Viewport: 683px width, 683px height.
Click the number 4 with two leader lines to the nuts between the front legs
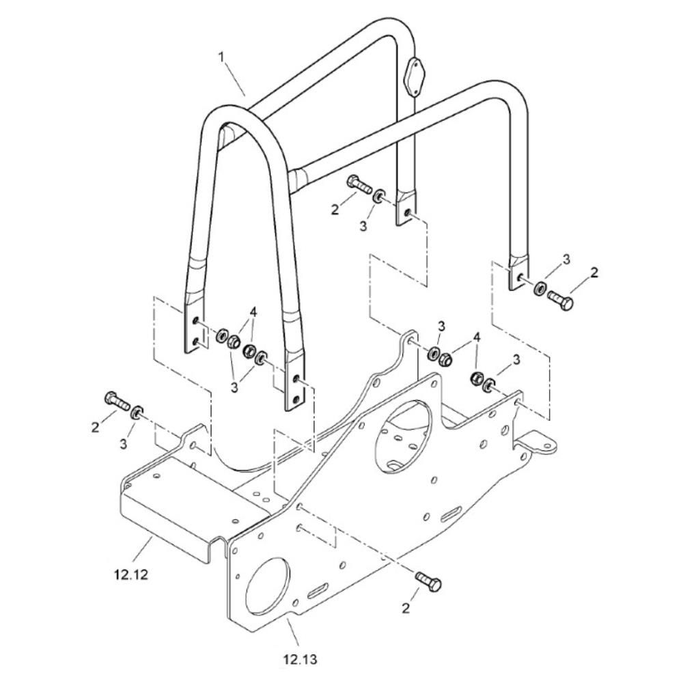[254, 313]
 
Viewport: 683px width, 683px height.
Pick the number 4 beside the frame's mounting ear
[476, 337]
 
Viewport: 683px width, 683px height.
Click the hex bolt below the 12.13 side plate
[430, 583]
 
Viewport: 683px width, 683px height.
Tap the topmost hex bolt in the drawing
[357, 183]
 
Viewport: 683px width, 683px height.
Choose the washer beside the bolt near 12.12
[137, 412]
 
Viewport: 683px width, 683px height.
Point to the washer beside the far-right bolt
[540, 288]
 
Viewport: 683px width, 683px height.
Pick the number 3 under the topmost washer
[363, 225]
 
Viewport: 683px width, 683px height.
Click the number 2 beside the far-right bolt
[594, 273]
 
